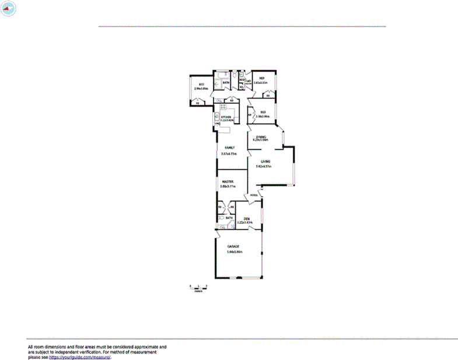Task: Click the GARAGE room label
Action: [x=233, y=246]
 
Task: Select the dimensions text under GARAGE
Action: [x=235, y=252]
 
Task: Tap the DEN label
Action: [x=247, y=218]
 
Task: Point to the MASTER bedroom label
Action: [x=228, y=181]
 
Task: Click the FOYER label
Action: [x=253, y=195]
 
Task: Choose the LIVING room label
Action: [x=265, y=161]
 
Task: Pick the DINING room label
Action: [x=260, y=137]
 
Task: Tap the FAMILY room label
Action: [x=229, y=148]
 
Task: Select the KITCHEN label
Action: [x=226, y=117]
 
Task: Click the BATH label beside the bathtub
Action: [x=225, y=83]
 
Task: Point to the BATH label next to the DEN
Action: [x=229, y=218]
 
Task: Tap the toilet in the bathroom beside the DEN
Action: [x=222, y=219]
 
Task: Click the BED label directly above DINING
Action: [x=263, y=112]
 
